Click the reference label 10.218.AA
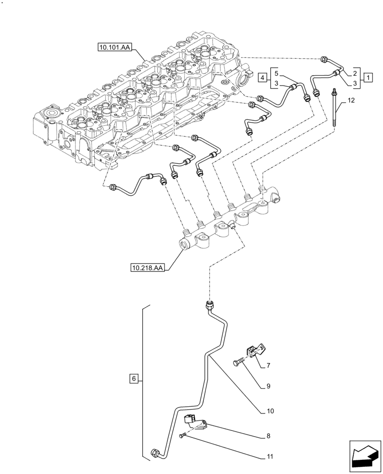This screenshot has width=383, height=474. tap(147, 268)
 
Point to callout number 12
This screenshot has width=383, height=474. tap(350, 100)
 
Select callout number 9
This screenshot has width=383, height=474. tap(268, 386)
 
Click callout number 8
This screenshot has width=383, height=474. tap(268, 435)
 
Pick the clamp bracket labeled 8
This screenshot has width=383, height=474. tap(195, 421)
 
